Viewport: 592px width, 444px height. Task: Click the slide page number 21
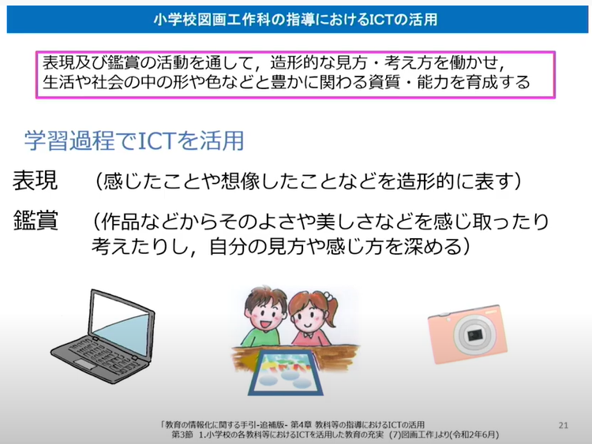(x=564, y=425)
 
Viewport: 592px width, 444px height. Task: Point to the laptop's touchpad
(x=85, y=364)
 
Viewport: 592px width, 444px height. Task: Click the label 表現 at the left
(x=35, y=181)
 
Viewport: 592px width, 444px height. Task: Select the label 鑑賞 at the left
(x=36, y=220)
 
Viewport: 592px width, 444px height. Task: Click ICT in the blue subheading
(x=157, y=140)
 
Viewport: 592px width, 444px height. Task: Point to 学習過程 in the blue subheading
(x=69, y=140)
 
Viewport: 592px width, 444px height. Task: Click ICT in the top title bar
(x=380, y=19)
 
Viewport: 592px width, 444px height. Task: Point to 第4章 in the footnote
(x=302, y=425)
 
